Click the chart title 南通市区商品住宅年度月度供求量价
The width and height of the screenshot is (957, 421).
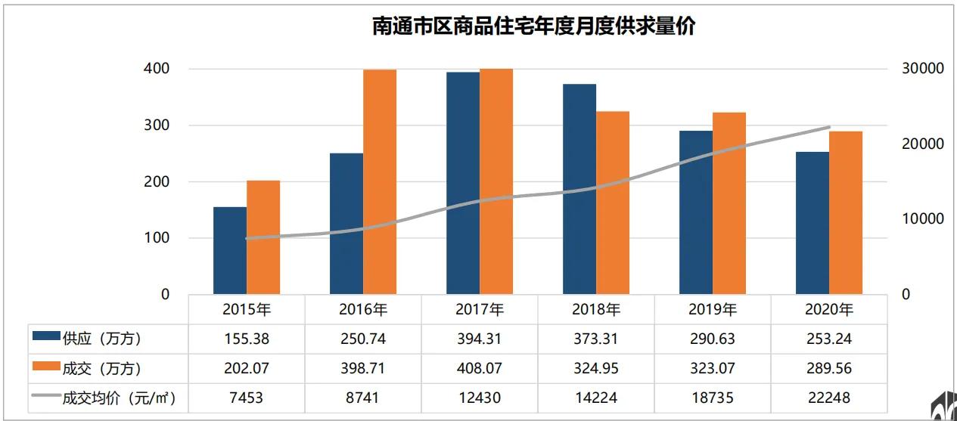point(533,26)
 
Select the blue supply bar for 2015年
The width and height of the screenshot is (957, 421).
point(230,250)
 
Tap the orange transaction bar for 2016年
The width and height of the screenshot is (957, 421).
point(380,181)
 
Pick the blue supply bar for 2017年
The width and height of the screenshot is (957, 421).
point(463,183)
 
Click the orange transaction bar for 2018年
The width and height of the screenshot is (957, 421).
point(613,203)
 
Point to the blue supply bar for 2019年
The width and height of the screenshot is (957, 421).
point(696,212)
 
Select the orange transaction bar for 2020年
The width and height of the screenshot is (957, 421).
point(846,212)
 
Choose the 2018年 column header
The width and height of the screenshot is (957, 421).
point(596,309)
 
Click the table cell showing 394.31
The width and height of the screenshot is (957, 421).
point(480,339)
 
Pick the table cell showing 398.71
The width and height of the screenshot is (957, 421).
point(363,368)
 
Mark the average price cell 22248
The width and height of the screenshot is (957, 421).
point(829,398)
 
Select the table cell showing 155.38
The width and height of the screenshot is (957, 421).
point(247,339)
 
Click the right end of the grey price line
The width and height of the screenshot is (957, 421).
point(829,127)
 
